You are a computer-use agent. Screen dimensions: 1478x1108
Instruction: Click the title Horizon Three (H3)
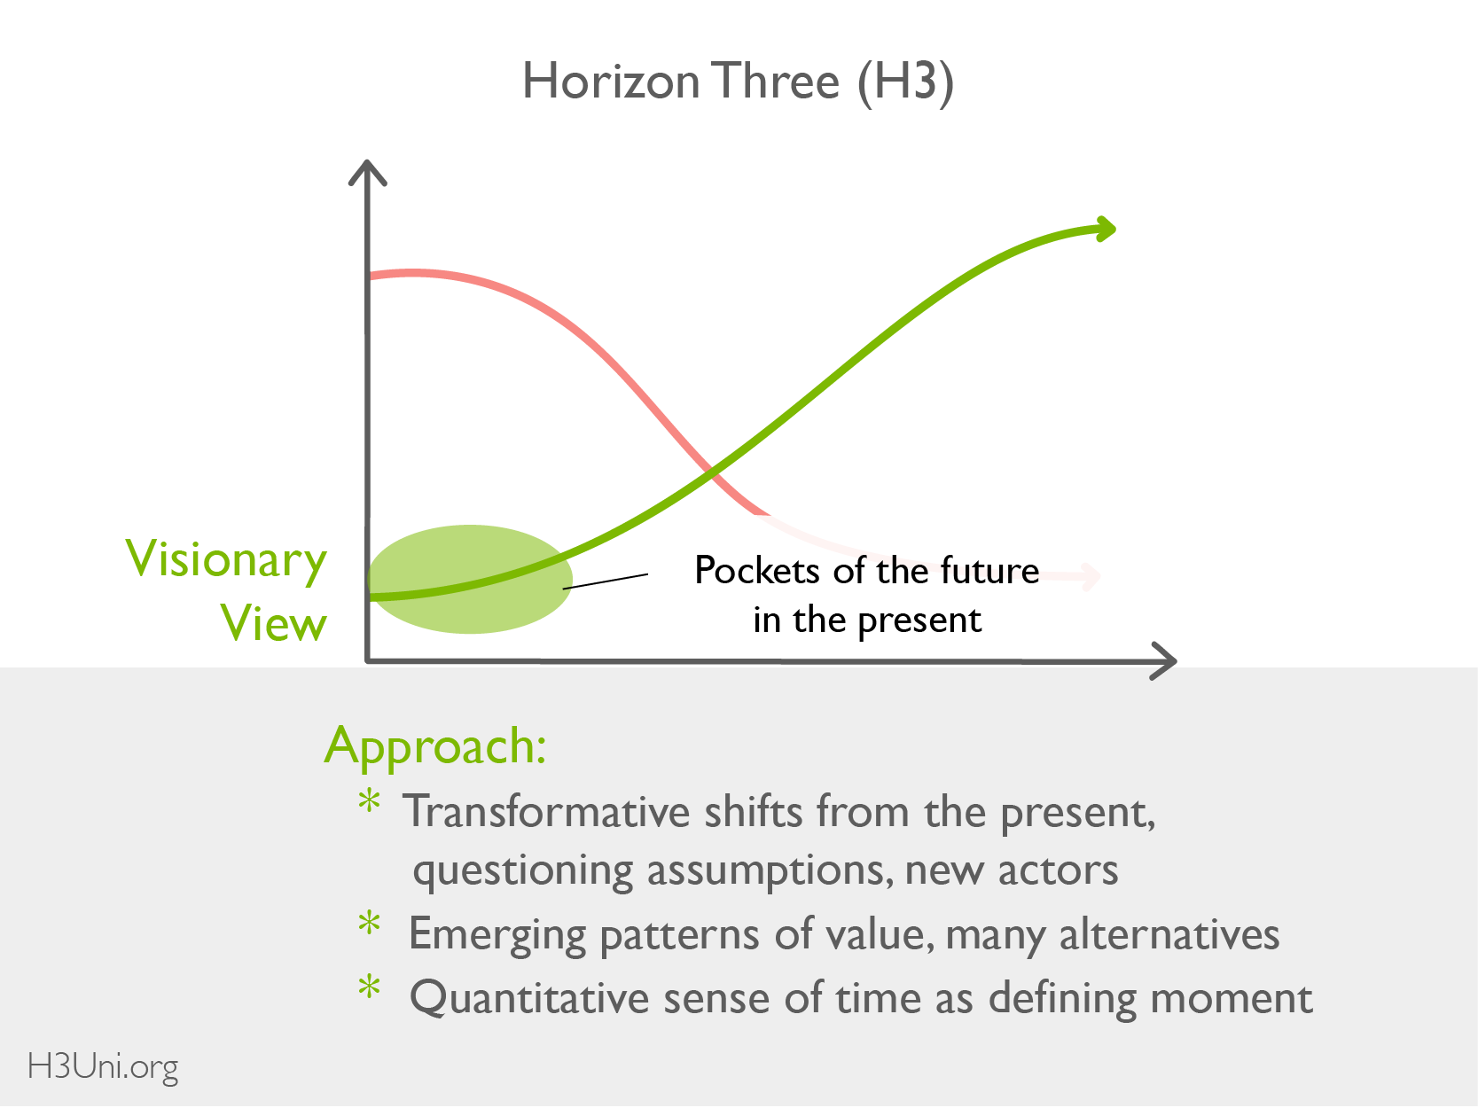738,82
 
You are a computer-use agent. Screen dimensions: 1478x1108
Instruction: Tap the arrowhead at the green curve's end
1106,229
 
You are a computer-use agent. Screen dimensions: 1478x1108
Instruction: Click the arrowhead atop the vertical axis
367,172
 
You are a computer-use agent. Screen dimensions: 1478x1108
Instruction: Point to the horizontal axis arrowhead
1163,661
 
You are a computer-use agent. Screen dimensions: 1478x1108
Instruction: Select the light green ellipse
471,579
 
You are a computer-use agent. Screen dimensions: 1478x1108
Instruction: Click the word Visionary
226,560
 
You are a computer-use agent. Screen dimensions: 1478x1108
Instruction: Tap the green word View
273,623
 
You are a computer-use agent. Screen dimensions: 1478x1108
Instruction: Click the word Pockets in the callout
757,571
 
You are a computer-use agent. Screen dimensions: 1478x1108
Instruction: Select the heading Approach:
435,748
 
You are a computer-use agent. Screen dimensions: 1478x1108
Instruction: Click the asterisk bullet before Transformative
369,801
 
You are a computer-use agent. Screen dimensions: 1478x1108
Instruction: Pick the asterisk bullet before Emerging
369,923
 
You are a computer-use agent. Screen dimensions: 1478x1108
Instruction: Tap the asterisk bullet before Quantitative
369,987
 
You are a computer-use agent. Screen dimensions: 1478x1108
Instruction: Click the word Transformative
546,812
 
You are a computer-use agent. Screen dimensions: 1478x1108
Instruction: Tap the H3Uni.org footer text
102,1067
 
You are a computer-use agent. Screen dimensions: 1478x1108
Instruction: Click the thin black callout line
606,581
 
